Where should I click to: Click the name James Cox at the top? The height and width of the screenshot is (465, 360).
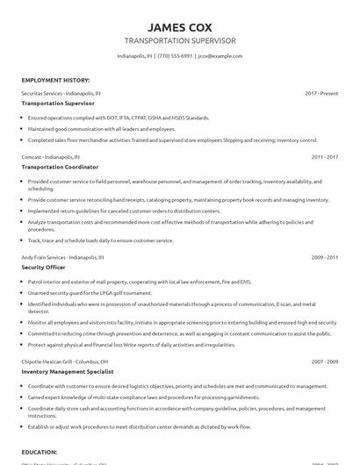point(179,25)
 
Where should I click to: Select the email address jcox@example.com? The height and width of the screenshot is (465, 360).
point(220,55)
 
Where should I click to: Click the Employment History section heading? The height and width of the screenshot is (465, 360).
point(54,79)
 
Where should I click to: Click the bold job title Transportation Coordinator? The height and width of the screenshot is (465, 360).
point(60,166)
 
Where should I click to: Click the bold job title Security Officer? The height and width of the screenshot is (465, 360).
point(43,268)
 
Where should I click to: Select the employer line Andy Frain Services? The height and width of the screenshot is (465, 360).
point(62,258)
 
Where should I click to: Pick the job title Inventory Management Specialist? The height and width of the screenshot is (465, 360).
point(71,370)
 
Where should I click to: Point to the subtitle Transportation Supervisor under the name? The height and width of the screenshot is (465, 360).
point(179,40)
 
